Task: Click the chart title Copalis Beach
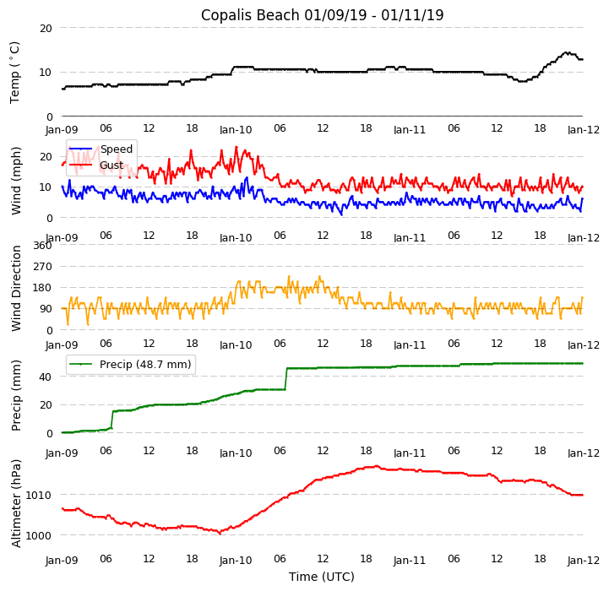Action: [322, 15]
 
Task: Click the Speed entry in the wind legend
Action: [117, 149]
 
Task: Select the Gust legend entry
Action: [111, 165]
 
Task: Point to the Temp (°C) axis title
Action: [15, 73]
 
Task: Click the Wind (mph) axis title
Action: [16, 180]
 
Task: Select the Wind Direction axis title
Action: [16, 288]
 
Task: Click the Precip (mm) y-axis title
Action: [16, 395]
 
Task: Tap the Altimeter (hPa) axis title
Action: [16, 502]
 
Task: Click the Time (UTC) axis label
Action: [322, 577]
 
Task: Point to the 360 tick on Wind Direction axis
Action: [42, 246]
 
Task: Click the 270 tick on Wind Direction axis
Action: [42, 267]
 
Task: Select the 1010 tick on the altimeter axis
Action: [39, 495]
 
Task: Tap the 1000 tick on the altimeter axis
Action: [39, 535]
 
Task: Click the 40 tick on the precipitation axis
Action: [46, 377]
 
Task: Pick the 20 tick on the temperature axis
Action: [46, 28]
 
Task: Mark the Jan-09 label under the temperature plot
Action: [62, 130]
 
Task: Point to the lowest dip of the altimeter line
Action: [220, 533]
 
